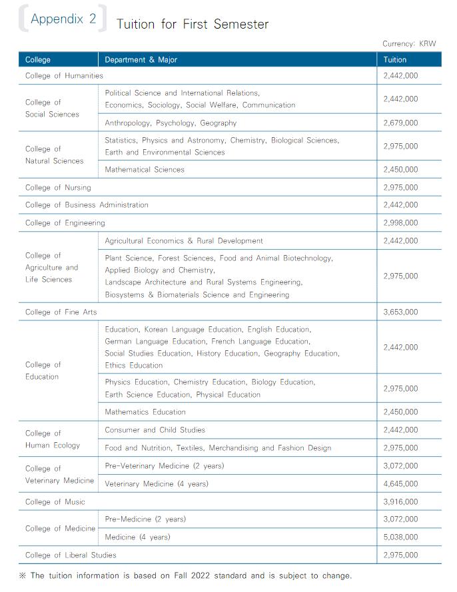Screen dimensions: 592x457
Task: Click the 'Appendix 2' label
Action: click(x=63, y=19)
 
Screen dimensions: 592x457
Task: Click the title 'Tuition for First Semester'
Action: click(x=192, y=25)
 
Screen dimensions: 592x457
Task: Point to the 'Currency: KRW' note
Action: click(x=409, y=44)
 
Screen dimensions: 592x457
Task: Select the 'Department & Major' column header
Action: click(x=141, y=60)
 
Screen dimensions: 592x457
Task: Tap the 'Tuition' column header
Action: click(x=395, y=60)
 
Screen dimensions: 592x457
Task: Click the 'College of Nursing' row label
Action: click(x=58, y=188)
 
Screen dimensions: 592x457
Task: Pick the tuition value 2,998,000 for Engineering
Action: click(x=401, y=223)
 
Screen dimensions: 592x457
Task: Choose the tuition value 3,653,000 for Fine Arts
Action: click(x=401, y=312)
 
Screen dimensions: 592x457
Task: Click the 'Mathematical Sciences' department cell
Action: click(x=145, y=170)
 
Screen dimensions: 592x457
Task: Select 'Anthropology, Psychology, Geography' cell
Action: click(x=171, y=123)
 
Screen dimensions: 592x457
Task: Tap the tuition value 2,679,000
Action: click(x=401, y=123)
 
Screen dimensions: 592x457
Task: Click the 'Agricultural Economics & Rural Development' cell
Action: click(x=184, y=241)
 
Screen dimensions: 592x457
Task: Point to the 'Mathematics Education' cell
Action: click(x=145, y=412)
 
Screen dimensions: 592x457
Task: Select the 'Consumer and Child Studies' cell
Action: click(x=155, y=430)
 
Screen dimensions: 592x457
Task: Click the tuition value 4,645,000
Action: click(x=401, y=484)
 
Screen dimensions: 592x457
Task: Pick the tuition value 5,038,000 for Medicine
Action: click(x=401, y=537)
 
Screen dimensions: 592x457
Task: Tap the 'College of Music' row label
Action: click(x=55, y=502)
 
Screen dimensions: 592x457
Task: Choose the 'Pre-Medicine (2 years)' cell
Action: click(x=145, y=519)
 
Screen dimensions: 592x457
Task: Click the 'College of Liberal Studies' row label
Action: click(x=71, y=555)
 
